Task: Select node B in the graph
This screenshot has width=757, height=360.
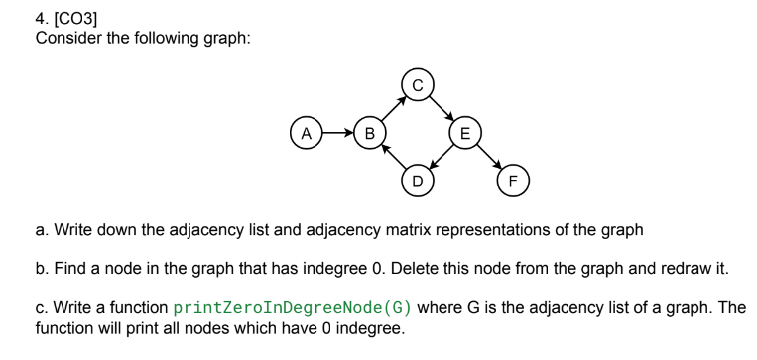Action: pos(370,131)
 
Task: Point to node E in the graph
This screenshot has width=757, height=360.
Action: pos(465,131)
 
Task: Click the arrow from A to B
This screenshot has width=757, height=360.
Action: pos(338,131)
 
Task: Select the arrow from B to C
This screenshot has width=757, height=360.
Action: pos(394,107)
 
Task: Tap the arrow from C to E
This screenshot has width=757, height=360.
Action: pos(442,107)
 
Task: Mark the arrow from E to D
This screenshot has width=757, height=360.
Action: pos(442,156)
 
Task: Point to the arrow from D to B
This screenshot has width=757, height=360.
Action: pos(394,156)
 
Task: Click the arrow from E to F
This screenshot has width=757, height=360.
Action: pos(489,156)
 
